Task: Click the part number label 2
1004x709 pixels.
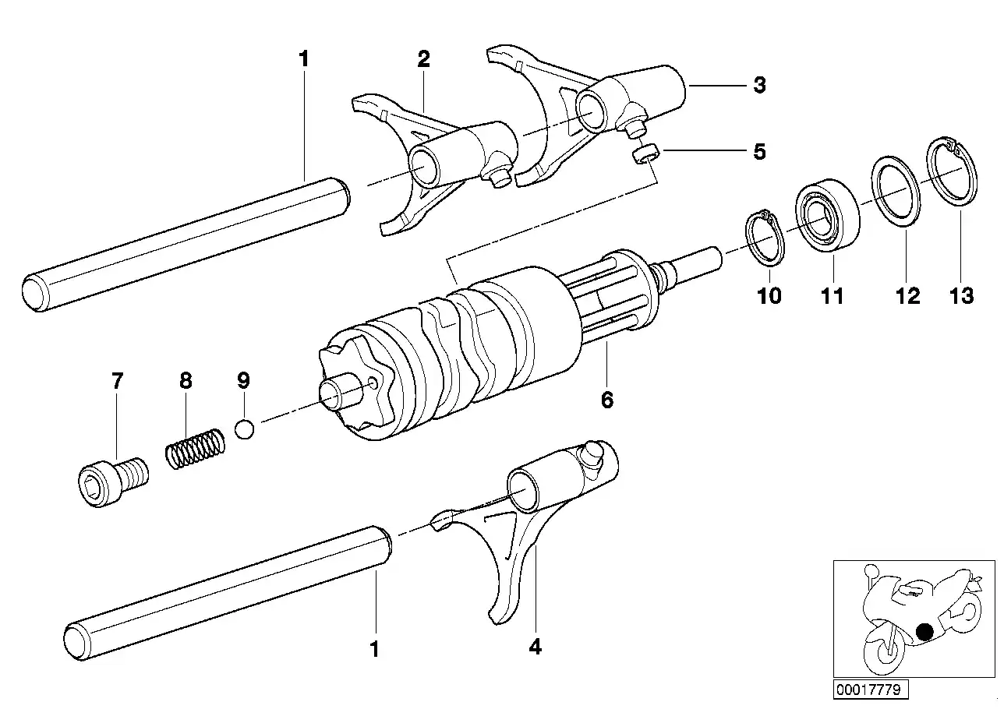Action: coord(423,58)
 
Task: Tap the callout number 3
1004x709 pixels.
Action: coord(758,85)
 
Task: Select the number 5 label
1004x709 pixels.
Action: coord(758,151)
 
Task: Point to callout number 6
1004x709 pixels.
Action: coord(607,400)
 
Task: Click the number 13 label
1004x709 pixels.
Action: coord(962,296)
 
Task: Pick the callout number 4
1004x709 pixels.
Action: coord(534,646)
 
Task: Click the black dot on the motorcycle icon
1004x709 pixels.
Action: coord(925,633)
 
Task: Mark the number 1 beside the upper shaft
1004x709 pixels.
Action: coord(304,58)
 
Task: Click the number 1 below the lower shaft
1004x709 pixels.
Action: coord(375,648)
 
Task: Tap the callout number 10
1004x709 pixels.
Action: coord(769,296)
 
